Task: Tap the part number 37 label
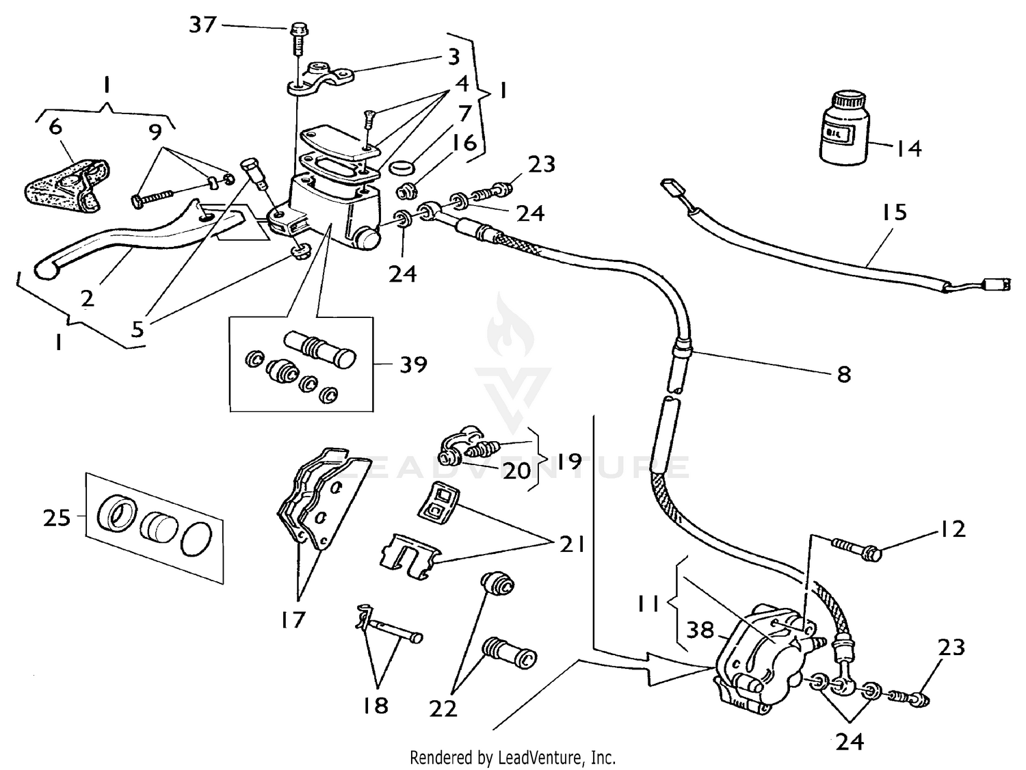pos(202,25)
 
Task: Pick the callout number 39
pos(412,364)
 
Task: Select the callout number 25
pos(57,518)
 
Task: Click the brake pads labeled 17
pos(311,503)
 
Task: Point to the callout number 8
pos(843,374)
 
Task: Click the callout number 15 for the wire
pos(893,213)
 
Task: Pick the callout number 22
pos(443,709)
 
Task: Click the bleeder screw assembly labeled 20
pos(472,448)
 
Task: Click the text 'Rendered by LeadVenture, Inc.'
pos(512,758)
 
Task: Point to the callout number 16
pos(464,144)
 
